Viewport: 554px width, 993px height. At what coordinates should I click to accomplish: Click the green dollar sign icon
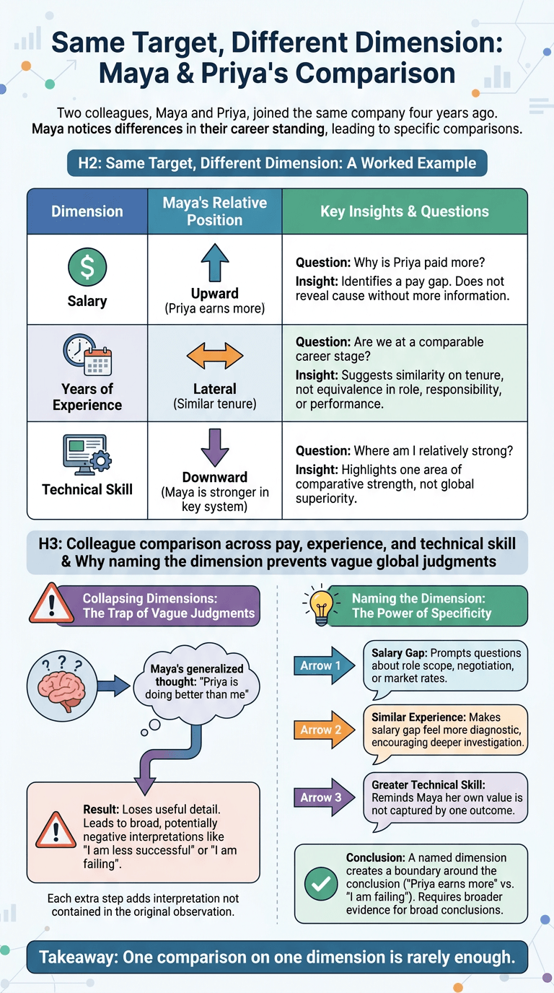pos(87,267)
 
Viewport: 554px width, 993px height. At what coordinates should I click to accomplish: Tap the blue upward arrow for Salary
pos(215,263)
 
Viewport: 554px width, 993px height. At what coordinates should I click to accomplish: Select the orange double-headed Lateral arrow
pos(215,356)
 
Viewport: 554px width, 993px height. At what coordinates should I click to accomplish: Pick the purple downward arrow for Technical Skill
pos(215,447)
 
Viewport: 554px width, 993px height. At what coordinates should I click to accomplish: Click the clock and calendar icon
pos(87,355)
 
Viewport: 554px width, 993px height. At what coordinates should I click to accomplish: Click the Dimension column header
pos(87,211)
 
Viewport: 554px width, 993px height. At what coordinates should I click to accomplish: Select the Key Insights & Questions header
pos(405,211)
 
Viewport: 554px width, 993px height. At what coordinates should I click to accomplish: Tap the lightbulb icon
pos(321,605)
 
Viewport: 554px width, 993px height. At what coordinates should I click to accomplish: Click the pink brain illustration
pos(61,686)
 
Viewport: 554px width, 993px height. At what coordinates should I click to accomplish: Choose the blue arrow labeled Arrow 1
pos(324,665)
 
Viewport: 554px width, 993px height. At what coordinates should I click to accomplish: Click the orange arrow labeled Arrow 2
pos(324,730)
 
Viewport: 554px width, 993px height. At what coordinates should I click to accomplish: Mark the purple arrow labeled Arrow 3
pos(324,797)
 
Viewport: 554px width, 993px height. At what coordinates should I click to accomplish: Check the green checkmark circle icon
pos(321,883)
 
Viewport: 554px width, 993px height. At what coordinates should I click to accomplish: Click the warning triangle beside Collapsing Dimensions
pos(51,603)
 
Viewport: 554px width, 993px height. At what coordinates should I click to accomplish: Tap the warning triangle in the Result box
pos(56,829)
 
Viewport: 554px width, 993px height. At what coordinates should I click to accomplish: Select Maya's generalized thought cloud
pos(196,682)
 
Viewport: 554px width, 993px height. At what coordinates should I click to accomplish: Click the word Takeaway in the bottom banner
pos(75,957)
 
